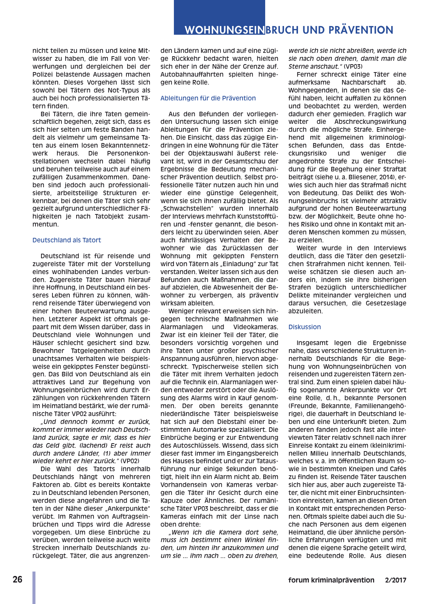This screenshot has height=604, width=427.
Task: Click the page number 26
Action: coord(17,579)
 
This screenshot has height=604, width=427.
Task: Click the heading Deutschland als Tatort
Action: coord(66,240)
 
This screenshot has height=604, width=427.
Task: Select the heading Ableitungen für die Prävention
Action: coord(208,98)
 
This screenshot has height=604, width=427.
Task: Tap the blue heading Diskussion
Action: coord(304,327)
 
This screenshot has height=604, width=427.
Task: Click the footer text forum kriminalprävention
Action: coord(331,580)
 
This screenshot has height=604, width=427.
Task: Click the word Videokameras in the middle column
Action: coord(255,327)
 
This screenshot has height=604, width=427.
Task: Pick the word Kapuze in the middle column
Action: coord(172,501)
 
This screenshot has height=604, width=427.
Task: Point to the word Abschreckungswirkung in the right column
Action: coord(370,122)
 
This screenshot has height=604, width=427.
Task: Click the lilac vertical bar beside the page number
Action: coord(34,587)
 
